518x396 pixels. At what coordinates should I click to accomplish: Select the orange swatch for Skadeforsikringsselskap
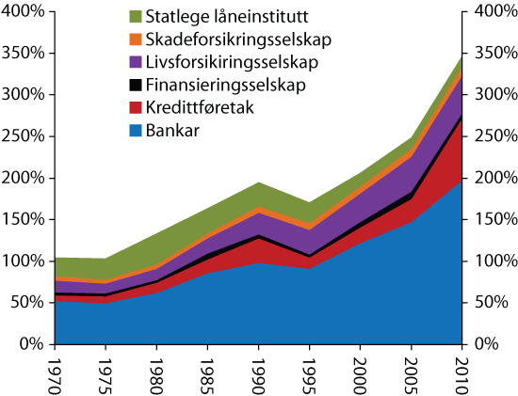pyautogui.click(x=135, y=40)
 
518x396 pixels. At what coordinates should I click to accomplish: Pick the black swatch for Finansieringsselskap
pyautogui.click(x=135, y=87)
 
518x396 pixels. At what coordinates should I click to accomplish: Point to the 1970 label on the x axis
pyautogui.click(x=55, y=371)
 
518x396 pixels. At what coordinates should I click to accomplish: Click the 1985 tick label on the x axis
pyautogui.click(x=209, y=371)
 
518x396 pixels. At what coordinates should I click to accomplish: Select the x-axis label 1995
pyautogui.click(x=312, y=371)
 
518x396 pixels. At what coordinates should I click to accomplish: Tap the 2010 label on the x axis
pyautogui.click(x=464, y=371)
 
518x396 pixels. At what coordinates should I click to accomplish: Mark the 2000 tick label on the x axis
pyautogui.click(x=363, y=371)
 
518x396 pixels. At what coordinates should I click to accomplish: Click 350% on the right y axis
pyautogui.click(x=493, y=54)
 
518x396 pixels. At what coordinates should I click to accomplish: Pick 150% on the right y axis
pyautogui.click(x=493, y=219)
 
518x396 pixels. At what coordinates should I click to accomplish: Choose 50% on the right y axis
pyautogui.click(x=489, y=302)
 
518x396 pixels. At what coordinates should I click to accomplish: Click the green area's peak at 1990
pyautogui.click(x=260, y=182)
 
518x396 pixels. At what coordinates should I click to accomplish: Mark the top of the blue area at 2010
pyautogui.click(x=464, y=181)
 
